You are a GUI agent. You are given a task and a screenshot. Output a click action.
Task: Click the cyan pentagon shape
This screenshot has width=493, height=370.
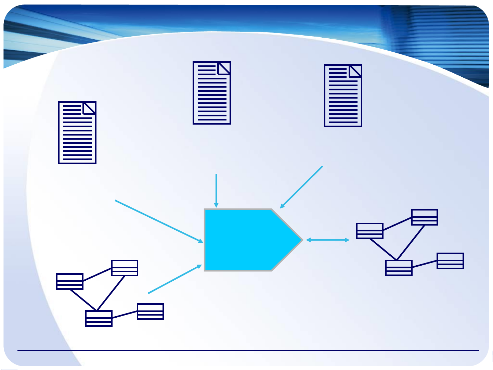(246, 240)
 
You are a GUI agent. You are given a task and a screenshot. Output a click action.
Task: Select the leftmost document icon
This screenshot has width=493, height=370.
(77, 132)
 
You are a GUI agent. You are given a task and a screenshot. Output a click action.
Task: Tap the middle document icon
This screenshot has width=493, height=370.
(212, 93)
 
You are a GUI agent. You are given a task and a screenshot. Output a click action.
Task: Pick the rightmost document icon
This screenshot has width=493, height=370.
(343, 95)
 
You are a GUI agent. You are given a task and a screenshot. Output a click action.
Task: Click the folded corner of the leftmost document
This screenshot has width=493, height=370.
(89, 108)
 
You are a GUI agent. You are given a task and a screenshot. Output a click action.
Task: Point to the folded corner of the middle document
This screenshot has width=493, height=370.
(224, 68)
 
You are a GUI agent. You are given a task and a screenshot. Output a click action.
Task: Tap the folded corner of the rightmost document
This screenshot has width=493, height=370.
(355, 71)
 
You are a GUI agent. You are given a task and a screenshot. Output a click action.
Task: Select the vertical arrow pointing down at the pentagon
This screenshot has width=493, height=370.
(216, 190)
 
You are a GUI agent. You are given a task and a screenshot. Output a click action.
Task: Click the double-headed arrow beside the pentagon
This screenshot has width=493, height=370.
(328, 240)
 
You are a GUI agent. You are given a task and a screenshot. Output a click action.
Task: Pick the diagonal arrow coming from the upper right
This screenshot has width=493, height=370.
(301, 187)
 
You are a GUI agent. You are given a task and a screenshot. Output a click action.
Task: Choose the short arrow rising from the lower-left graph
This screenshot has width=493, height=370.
(175, 279)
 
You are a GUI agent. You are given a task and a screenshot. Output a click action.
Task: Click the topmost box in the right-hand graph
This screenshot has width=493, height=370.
(424, 217)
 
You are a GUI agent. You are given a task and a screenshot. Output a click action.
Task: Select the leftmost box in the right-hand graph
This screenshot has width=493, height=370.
(369, 231)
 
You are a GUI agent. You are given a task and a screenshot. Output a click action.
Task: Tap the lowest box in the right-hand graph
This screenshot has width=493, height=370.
(399, 268)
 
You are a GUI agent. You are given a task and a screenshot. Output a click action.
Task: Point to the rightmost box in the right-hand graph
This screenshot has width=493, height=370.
(450, 261)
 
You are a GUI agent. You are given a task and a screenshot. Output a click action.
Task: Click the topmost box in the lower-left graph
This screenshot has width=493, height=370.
(125, 268)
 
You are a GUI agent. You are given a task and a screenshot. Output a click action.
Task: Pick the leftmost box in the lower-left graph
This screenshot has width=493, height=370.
(70, 281)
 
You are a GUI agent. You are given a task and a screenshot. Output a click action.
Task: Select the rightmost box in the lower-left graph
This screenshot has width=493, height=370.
(151, 311)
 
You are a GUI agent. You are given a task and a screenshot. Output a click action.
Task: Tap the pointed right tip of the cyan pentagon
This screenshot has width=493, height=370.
(301, 240)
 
